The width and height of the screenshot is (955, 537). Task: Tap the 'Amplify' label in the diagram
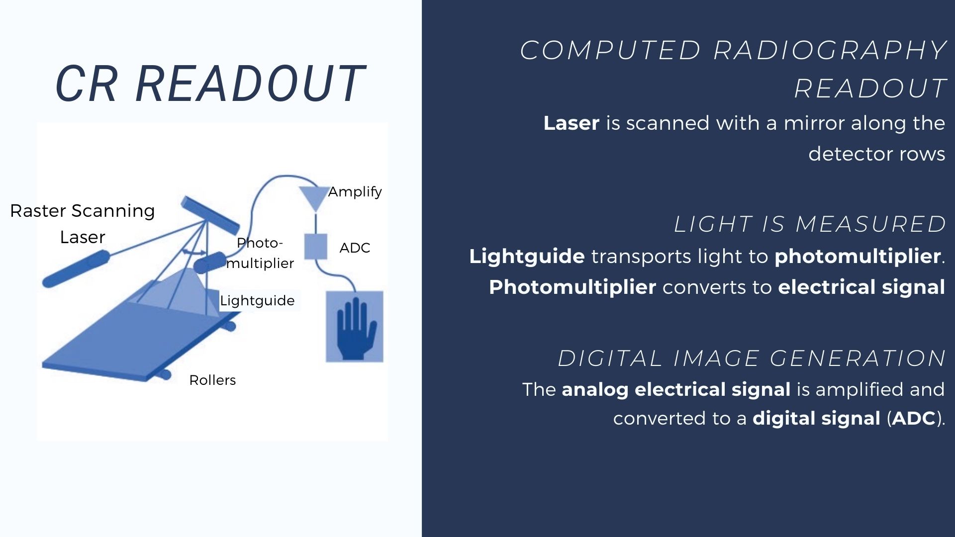click(x=355, y=191)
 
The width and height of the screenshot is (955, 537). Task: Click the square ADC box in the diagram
click(x=315, y=246)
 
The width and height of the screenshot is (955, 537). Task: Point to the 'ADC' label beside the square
click(x=355, y=248)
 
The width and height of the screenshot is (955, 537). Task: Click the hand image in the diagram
click(x=355, y=326)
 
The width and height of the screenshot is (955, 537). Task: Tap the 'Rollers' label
click(x=212, y=380)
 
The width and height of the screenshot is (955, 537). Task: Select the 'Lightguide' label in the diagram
click(x=257, y=300)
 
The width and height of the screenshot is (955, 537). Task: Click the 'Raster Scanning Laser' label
click(x=83, y=224)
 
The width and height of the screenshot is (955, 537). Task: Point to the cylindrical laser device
click(x=76, y=269)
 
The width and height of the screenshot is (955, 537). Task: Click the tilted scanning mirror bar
click(x=209, y=215)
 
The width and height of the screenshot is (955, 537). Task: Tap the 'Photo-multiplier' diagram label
click(x=260, y=253)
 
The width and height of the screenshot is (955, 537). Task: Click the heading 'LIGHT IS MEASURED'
click(x=810, y=224)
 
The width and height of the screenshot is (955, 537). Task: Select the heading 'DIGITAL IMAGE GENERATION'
click(x=752, y=358)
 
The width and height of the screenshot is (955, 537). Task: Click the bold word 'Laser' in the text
click(x=571, y=123)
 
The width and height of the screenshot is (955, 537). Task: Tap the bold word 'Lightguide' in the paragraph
click(x=527, y=256)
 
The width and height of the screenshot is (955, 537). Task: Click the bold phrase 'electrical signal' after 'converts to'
click(x=861, y=287)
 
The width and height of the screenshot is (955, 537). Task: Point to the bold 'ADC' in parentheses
click(x=914, y=418)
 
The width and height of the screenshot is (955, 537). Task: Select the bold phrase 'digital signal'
click(x=816, y=418)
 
